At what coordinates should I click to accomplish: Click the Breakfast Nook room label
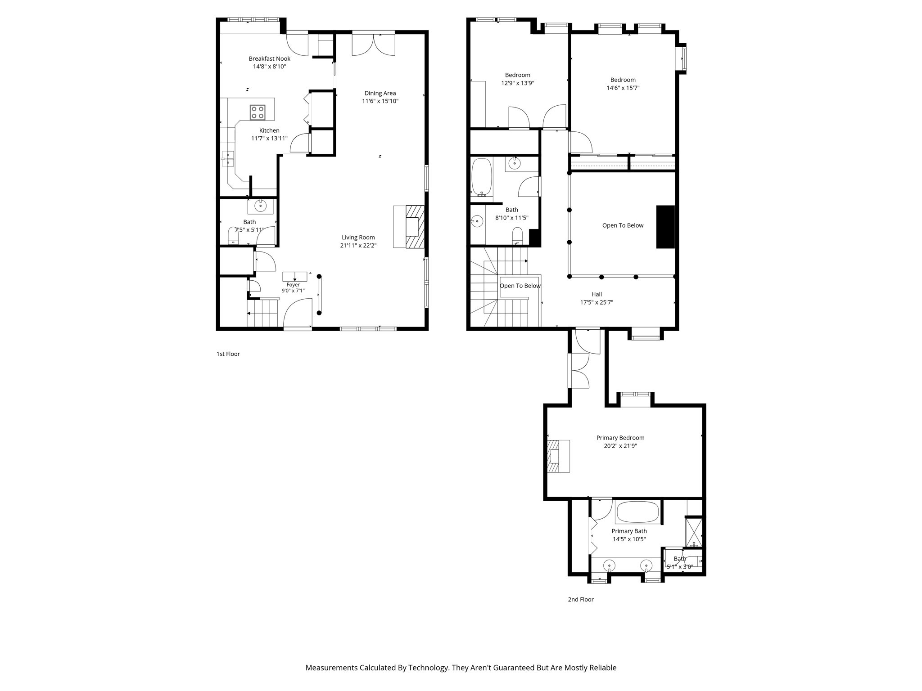269,58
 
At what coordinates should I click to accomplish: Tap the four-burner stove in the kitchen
258,112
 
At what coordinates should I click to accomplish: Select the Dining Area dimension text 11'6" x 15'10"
380,101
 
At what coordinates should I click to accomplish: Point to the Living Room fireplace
409,227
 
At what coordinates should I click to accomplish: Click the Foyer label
293,285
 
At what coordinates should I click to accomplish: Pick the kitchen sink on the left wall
228,159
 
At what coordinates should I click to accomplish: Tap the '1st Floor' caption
228,354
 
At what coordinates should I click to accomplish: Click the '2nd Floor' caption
581,600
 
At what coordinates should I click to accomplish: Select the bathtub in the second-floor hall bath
481,177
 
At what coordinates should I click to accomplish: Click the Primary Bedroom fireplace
558,456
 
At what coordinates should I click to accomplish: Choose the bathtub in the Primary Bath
637,512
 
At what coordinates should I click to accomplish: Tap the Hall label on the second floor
597,295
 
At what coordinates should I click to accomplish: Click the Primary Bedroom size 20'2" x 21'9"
620,446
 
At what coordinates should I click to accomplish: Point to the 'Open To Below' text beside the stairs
520,286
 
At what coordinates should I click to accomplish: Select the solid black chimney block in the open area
665,227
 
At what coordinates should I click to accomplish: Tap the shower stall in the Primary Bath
693,532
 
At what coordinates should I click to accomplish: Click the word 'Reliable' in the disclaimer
603,668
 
